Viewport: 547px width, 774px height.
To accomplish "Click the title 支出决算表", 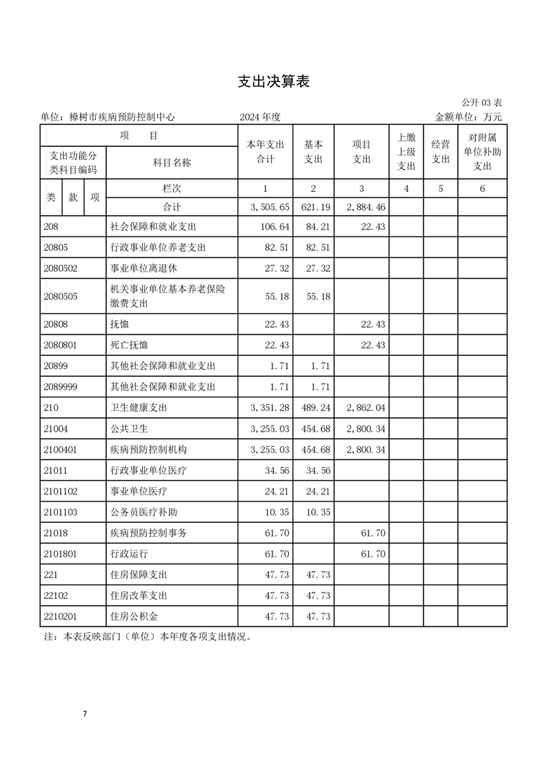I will click(x=273, y=81).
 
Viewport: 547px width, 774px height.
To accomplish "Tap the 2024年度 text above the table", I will click(x=260, y=117).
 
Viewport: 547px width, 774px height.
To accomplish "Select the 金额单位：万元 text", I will click(x=468, y=117).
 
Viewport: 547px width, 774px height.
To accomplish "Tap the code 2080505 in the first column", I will click(x=61, y=297).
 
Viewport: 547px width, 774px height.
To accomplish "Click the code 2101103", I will click(x=61, y=512).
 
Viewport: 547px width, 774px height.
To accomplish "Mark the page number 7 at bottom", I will click(x=85, y=713).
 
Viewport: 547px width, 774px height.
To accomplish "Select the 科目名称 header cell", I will click(x=172, y=163).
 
